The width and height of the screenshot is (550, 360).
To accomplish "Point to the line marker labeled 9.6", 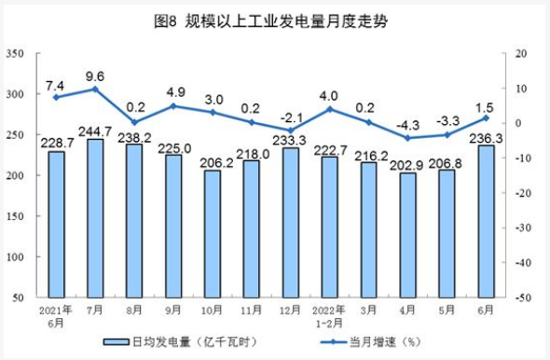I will tap(95, 89).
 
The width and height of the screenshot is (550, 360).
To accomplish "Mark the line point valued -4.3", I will tap(408, 138).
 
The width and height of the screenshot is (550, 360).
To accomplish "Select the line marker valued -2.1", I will tap(291, 131).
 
